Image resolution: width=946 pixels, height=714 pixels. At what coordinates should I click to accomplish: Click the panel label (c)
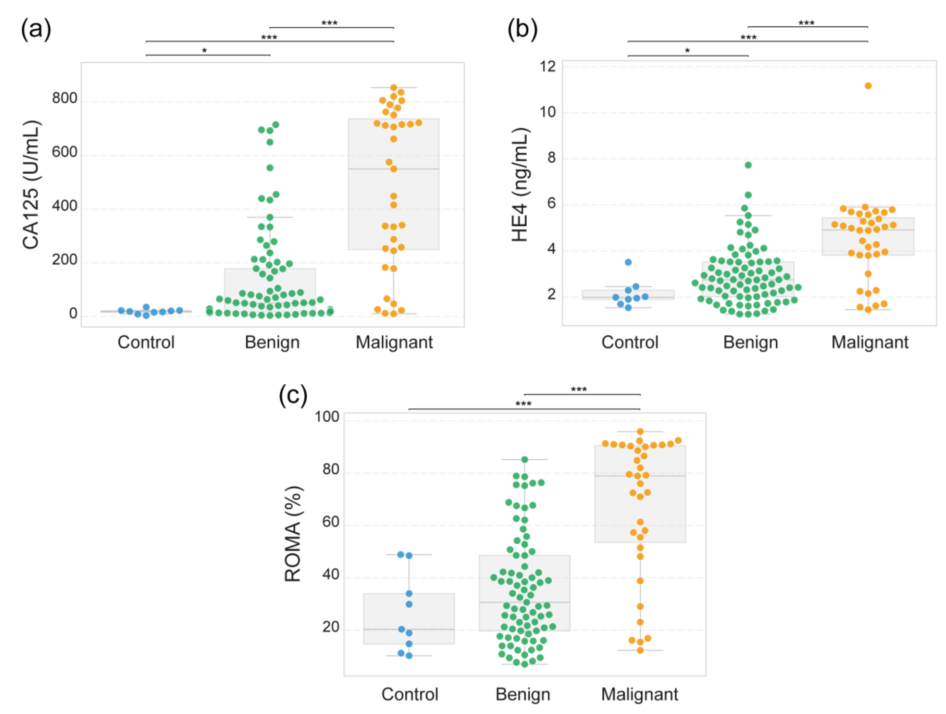tap(293, 395)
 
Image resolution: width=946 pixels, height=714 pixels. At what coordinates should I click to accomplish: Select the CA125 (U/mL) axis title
tap(31, 185)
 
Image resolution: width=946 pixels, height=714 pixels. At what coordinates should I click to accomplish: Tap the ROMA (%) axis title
tap(293, 534)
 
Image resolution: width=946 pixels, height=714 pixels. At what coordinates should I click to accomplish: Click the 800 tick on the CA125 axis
tap(65, 99)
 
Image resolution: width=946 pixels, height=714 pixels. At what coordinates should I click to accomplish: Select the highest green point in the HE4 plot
tap(748, 165)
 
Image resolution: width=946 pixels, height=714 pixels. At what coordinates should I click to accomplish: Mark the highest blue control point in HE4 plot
tap(628, 262)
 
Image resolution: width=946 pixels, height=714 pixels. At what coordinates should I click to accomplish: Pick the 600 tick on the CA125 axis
tap(65, 153)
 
